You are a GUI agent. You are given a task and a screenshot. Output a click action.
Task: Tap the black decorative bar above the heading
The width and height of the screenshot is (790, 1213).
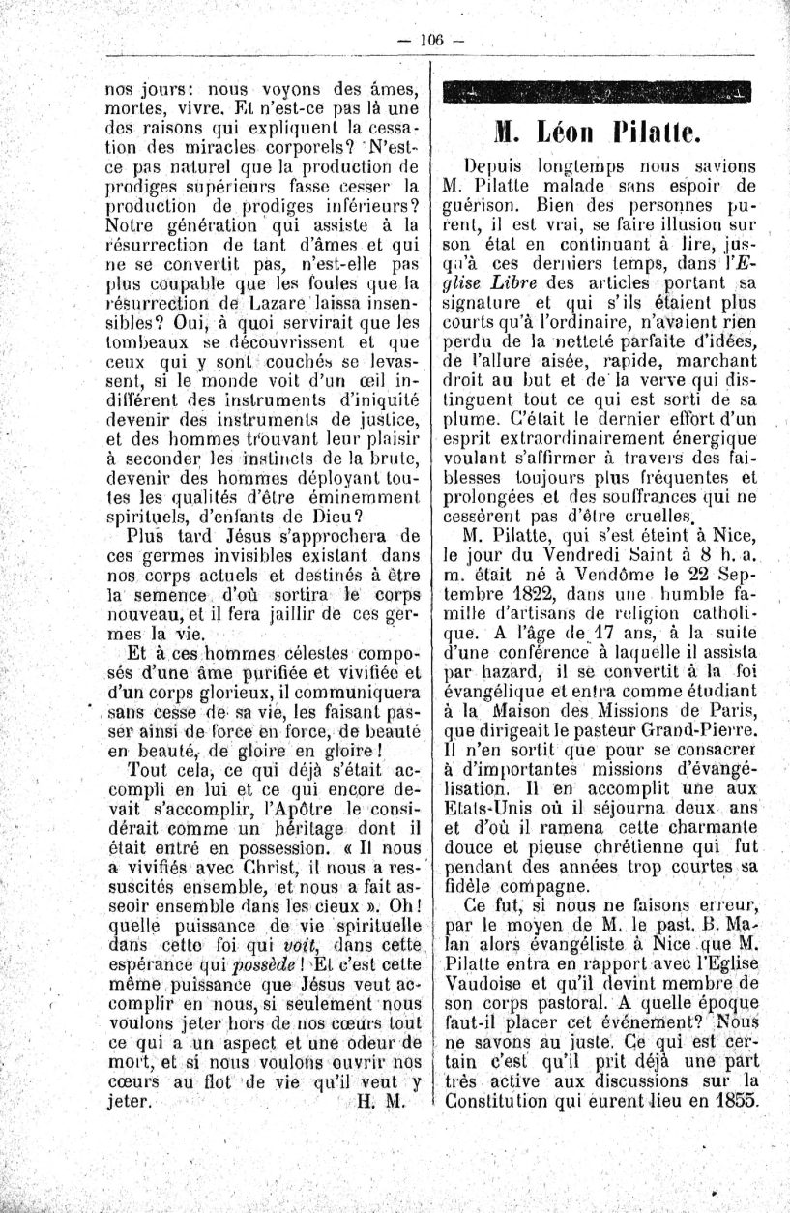[596, 94]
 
